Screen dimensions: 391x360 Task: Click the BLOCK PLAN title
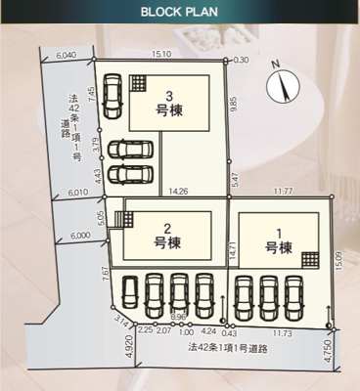click(179, 14)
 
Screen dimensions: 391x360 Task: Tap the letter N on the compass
click(277, 65)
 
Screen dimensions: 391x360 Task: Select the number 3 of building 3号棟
click(169, 95)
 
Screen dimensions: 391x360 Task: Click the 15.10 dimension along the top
click(162, 55)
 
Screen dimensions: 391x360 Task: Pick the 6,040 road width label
click(67, 55)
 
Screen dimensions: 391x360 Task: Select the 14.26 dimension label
click(179, 192)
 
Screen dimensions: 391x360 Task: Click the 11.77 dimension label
click(285, 192)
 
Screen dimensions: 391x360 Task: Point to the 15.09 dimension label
click(339, 260)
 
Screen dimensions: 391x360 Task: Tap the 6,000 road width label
click(80, 236)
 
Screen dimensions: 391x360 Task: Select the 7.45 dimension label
click(90, 96)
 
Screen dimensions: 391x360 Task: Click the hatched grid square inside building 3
click(141, 82)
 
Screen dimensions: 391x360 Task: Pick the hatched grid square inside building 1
click(310, 258)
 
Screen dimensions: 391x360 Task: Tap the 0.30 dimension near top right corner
click(242, 60)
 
